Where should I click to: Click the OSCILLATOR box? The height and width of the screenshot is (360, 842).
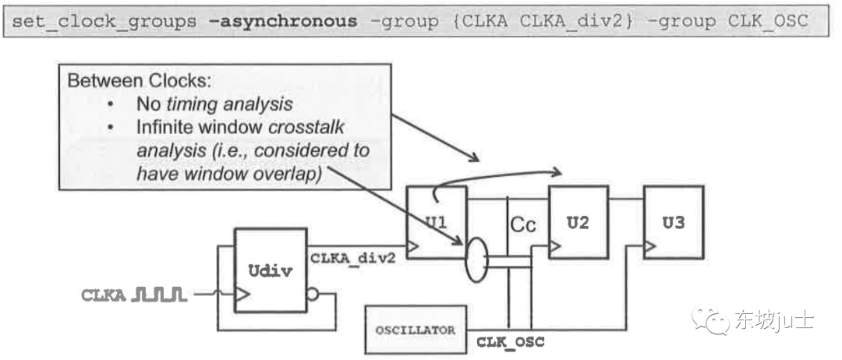[x=416, y=330]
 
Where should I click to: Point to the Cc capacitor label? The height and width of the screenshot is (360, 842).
[x=522, y=226]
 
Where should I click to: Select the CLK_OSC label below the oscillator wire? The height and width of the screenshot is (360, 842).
[x=511, y=342]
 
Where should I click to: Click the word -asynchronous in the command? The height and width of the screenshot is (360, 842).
[x=283, y=21]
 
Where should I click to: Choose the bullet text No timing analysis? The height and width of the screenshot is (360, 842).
[x=214, y=104]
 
